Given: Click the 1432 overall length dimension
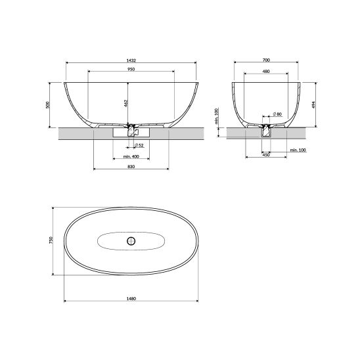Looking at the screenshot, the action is [x=131, y=60].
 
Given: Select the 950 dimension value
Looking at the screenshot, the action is [x=131, y=70].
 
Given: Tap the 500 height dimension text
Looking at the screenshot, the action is [x=48, y=104].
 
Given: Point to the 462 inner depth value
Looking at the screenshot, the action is [x=125, y=103].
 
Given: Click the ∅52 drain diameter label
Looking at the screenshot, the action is [x=139, y=145].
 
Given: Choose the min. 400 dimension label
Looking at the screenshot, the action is [x=131, y=157].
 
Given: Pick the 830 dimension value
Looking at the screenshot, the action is [x=131, y=167].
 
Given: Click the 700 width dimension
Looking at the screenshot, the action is [x=266, y=60].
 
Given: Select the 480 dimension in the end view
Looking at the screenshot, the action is [x=266, y=72].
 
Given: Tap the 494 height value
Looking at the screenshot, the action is [x=314, y=104].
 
